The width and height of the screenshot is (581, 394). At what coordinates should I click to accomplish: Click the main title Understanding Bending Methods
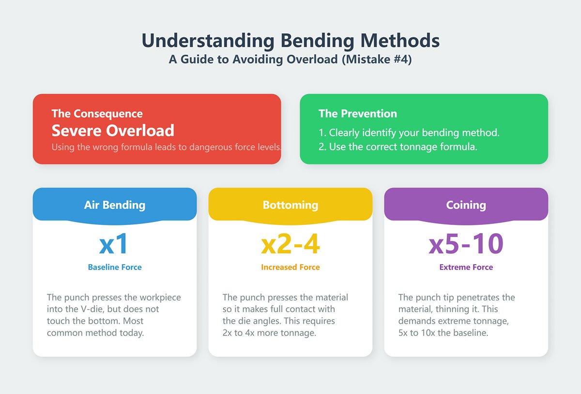pos(290,41)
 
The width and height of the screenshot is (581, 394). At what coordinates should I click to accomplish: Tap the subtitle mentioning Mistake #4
pos(290,60)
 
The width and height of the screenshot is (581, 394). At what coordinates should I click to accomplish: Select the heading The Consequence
pos(97,114)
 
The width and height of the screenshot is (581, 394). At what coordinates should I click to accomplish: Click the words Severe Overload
pos(113,130)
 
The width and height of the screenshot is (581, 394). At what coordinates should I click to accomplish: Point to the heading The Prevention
pos(357,114)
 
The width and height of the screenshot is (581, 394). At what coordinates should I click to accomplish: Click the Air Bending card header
pos(115,205)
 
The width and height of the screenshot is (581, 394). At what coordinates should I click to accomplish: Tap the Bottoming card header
pos(290,205)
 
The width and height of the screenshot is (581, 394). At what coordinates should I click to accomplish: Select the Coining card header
pos(466,205)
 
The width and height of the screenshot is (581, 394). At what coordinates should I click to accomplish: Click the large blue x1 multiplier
pos(114,244)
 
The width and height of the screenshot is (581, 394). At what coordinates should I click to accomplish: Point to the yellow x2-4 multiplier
pos(290,244)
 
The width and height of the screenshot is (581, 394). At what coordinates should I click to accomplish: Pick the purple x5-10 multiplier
pos(466,244)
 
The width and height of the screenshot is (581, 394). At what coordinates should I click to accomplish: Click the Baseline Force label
pos(115,267)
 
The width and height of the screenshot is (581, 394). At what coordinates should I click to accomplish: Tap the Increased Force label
pos(290,267)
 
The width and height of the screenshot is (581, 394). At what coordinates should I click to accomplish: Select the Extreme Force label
pos(466,267)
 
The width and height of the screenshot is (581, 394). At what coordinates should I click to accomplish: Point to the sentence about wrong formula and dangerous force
pos(166,147)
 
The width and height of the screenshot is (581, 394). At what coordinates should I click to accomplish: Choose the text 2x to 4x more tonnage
pos(269,333)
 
